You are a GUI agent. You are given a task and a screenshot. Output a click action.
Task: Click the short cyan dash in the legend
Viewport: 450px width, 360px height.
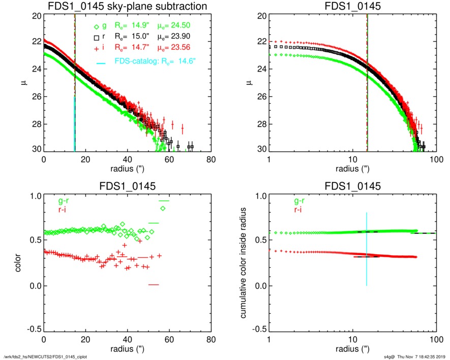pos(101,62)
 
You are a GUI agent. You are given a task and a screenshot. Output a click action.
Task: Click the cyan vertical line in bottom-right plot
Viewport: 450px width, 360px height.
pos(366,249)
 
